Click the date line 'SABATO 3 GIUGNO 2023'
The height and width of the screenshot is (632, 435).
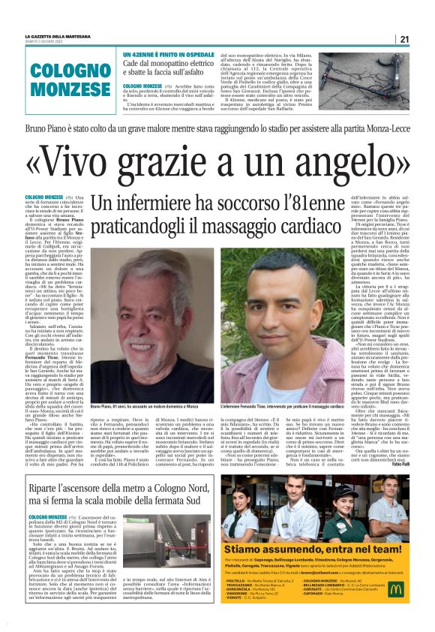46,42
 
